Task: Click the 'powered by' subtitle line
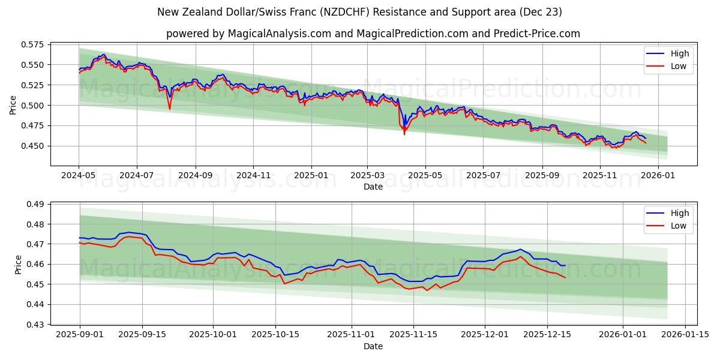pyautogui.click(x=373, y=34)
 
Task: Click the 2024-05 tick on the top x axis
pyautogui.click(x=79, y=176)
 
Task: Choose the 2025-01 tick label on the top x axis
pyautogui.click(x=311, y=176)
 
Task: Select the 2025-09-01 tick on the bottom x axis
pyautogui.click(x=80, y=335)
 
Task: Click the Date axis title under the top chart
pyautogui.click(x=373, y=187)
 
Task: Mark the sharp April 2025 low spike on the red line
pyautogui.click(x=404, y=134)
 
